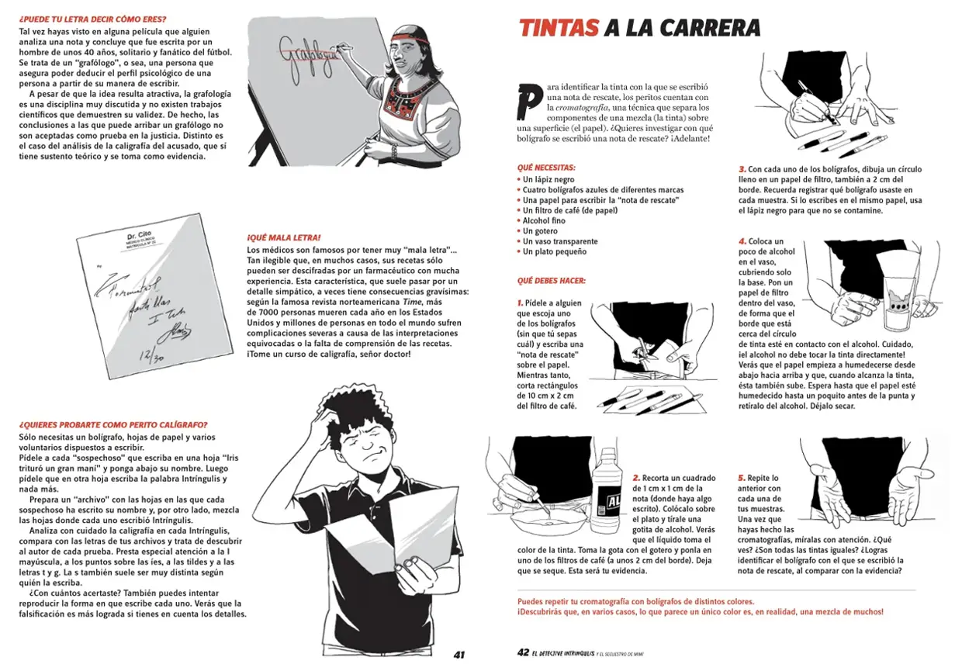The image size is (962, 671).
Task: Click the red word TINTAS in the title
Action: (x=558, y=29)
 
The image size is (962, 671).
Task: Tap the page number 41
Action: (x=459, y=654)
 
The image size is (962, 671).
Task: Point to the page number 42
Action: (x=523, y=653)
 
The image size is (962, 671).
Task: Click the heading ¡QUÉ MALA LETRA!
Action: (x=284, y=237)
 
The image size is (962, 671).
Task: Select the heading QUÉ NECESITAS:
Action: (x=546, y=168)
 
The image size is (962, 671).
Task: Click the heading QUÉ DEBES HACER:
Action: (x=551, y=280)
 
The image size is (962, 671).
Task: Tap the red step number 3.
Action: (x=742, y=169)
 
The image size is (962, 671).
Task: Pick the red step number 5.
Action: (x=742, y=478)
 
